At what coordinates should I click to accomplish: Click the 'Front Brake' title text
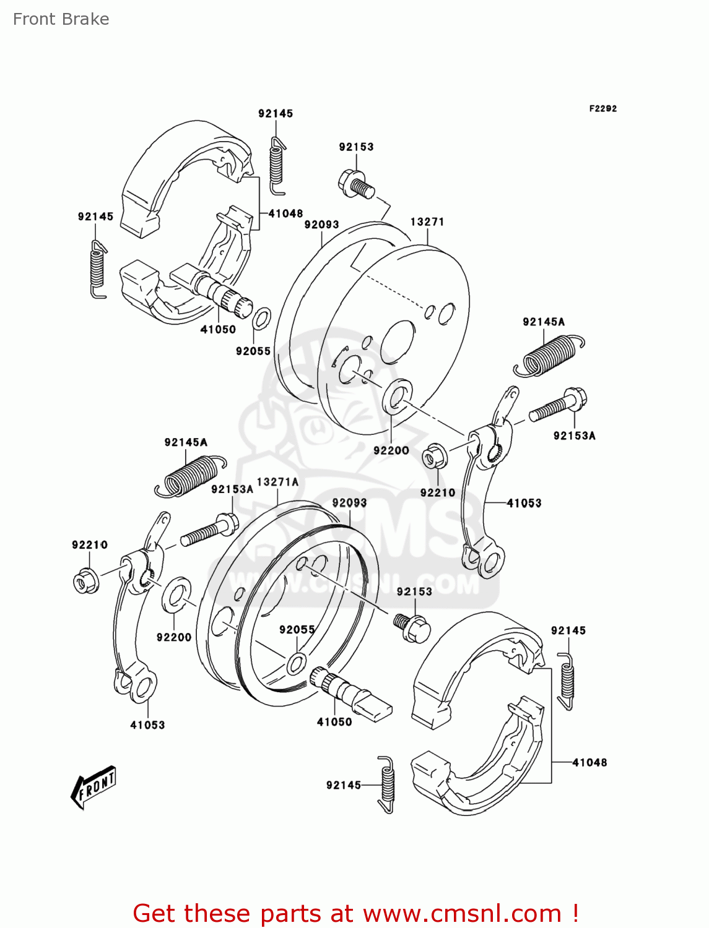tap(61, 19)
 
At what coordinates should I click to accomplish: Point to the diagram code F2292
tap(602, 108)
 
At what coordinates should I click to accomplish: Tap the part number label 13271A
tap(277, 482)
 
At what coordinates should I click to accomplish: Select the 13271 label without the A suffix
tap(427, 221)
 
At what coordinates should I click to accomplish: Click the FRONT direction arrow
tap(94, 787)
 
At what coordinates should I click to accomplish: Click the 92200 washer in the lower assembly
tap(176, 595)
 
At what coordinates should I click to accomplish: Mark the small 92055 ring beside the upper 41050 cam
tap(261, 319)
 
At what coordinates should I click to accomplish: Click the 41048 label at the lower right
tap(589, 762)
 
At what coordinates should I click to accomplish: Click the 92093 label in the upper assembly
tap(321, 225)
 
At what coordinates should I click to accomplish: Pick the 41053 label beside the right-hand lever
tap(524, 503)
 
